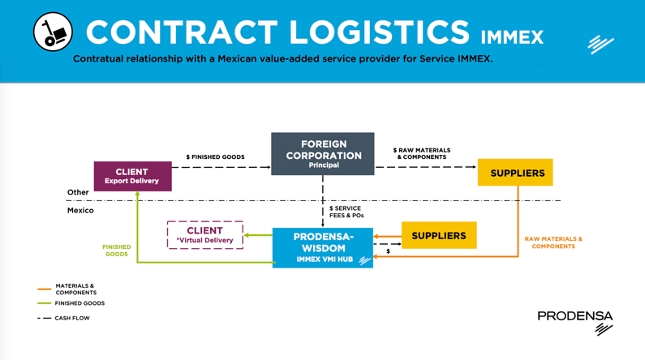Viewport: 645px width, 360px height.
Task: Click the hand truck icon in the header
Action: pos(53,32)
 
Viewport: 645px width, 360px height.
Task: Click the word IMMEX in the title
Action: pos(512,37)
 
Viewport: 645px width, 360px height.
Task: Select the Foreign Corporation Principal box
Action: pos(323,154)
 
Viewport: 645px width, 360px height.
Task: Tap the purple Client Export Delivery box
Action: pos(132,176)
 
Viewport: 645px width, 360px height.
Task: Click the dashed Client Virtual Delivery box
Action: pos(204,235)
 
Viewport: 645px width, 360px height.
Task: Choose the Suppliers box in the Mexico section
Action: pos(439,236)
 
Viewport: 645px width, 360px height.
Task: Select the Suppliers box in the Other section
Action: pos(517,173)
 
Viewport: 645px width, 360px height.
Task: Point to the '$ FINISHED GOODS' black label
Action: pos(215,157)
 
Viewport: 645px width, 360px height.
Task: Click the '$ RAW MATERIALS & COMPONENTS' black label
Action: pos(422,153)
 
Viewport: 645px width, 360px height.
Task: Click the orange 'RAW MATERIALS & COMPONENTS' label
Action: pos(553,242)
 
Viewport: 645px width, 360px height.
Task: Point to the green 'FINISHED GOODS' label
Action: pos(116,251)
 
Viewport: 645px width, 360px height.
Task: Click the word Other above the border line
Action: pos(78,193)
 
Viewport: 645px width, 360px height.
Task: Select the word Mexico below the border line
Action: pos(80,211)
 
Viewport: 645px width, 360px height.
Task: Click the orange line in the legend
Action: pos(44,289)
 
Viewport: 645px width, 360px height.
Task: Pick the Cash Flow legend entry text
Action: pos(72,319)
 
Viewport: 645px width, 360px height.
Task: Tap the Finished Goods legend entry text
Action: pos(80,303)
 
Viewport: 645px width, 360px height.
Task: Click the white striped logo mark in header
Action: pos(600,44)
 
